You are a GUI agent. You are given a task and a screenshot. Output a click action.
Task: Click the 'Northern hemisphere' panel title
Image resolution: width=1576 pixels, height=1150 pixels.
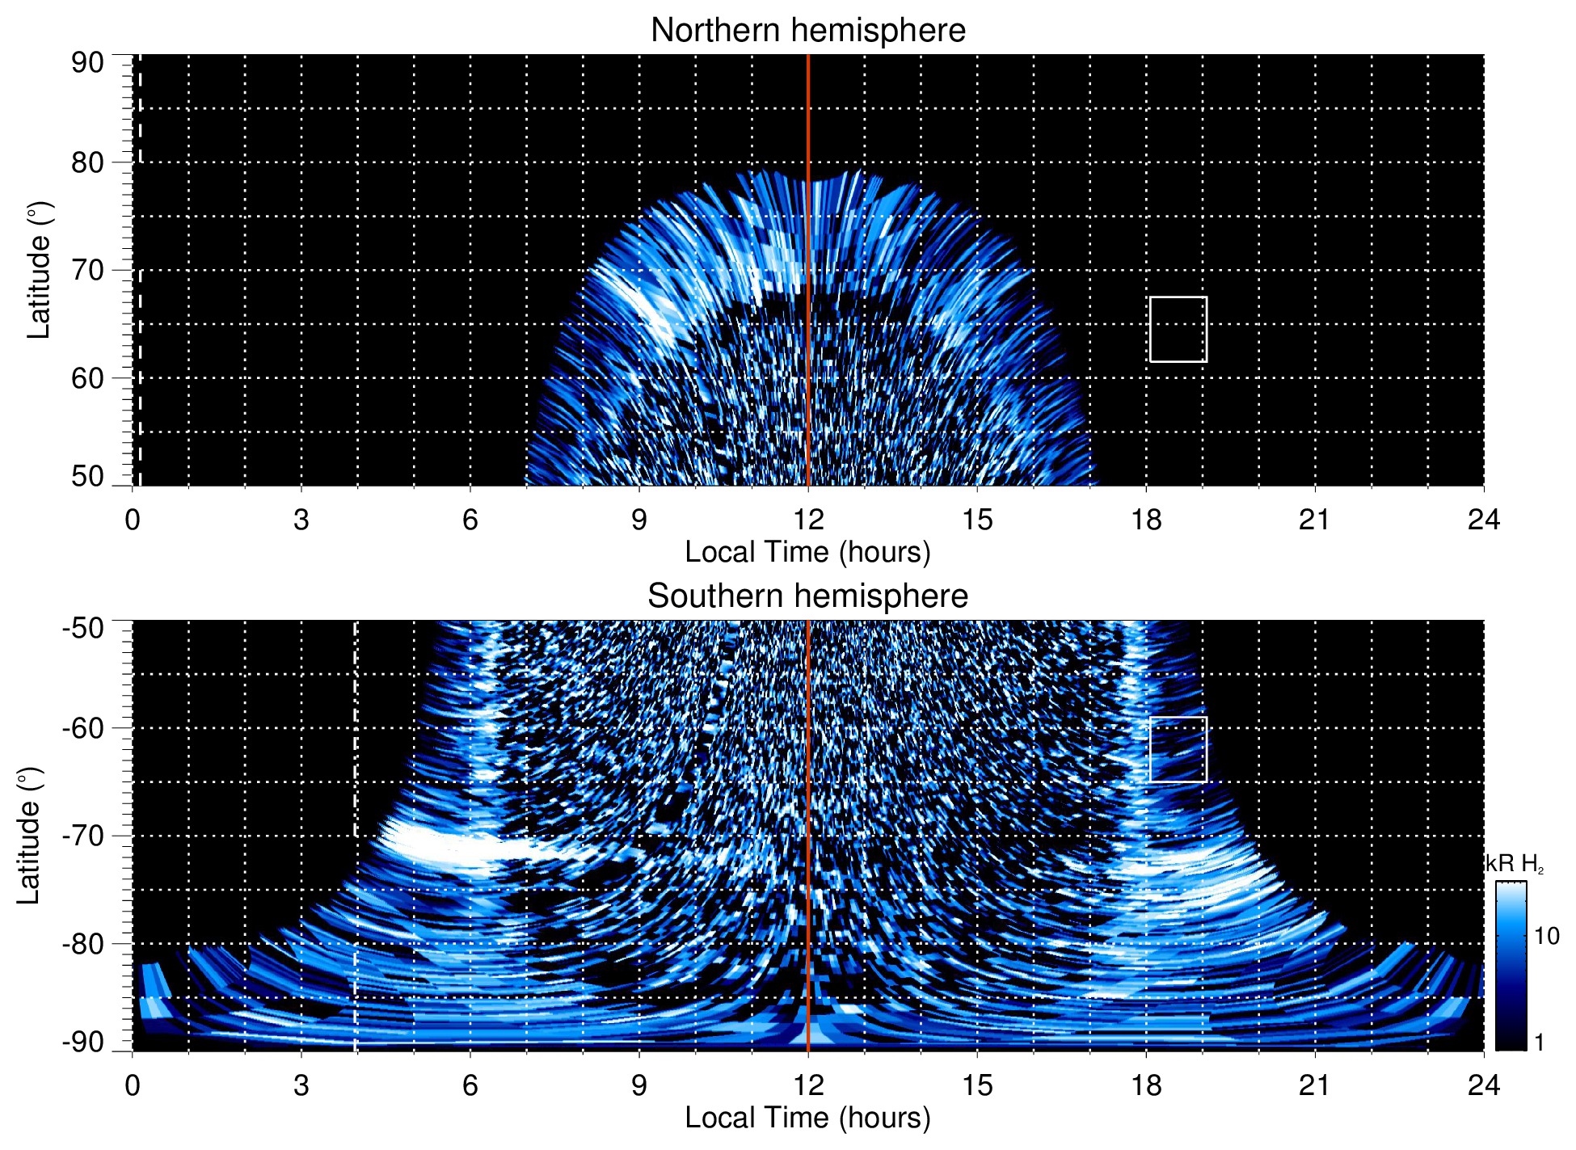pyautogui.click(x=807, y=31)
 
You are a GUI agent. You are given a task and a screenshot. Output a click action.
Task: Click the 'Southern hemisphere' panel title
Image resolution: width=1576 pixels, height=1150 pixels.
pyautogui.click(x=807, y=596)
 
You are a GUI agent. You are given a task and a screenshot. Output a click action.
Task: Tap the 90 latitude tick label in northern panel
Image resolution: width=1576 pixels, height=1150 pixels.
pyautogui.click(x=87, y=63)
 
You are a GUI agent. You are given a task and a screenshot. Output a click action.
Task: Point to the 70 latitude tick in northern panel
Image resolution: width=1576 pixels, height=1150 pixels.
pyautogui.click(x=87, y=271)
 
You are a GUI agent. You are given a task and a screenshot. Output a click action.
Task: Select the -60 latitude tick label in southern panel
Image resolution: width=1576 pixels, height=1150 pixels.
pyautogui.click(x=83, y=728)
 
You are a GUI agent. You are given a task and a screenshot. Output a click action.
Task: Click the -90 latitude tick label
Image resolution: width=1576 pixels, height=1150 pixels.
pyautogui.click(x=83, y=1043)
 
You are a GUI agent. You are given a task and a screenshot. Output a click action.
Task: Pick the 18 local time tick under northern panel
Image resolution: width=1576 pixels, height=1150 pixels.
pyautogui.click(x=1146, y=520)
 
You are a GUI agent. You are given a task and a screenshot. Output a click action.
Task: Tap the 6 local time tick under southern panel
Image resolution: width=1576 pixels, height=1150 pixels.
pyautogui.click(x=470, y=1085)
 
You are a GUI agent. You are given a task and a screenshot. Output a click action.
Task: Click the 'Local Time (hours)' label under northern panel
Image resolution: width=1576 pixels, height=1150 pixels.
pyautogui.click(x=807, y=552)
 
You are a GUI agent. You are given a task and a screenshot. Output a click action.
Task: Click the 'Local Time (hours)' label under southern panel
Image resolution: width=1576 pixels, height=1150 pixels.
pyautogui.click(x=807, y=1118)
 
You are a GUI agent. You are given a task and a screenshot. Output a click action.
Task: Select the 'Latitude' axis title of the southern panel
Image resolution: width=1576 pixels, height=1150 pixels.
pyautogui.click(x=29, y=836)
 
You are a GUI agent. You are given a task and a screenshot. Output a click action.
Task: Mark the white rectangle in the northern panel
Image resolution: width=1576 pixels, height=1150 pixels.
pyautogui.click(x=1178, y=330)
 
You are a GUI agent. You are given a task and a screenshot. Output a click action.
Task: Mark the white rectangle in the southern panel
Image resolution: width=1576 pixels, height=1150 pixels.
pyautogui.click(x=1178, y=750)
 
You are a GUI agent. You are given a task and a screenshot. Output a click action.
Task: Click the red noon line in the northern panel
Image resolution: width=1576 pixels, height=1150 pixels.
pyautogui.click(x=808, y=242)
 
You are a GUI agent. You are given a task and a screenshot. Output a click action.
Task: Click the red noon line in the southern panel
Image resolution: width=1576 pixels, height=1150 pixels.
pyautogui.click(x=808, y=808)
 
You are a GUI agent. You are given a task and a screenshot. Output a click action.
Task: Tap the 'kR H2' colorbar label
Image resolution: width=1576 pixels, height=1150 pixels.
pyautogui.click(x=1515, y=865)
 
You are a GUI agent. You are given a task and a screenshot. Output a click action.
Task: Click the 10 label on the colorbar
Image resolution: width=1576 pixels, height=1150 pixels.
pyautogui.click(x=1546, y=937)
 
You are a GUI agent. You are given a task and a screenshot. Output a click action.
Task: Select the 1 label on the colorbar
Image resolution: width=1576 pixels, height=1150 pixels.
pyautogui.click(x=1539, y=1043)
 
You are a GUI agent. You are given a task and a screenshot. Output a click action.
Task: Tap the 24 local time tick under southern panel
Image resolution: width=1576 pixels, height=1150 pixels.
pyautogui.click(x=1483, y=1085)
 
